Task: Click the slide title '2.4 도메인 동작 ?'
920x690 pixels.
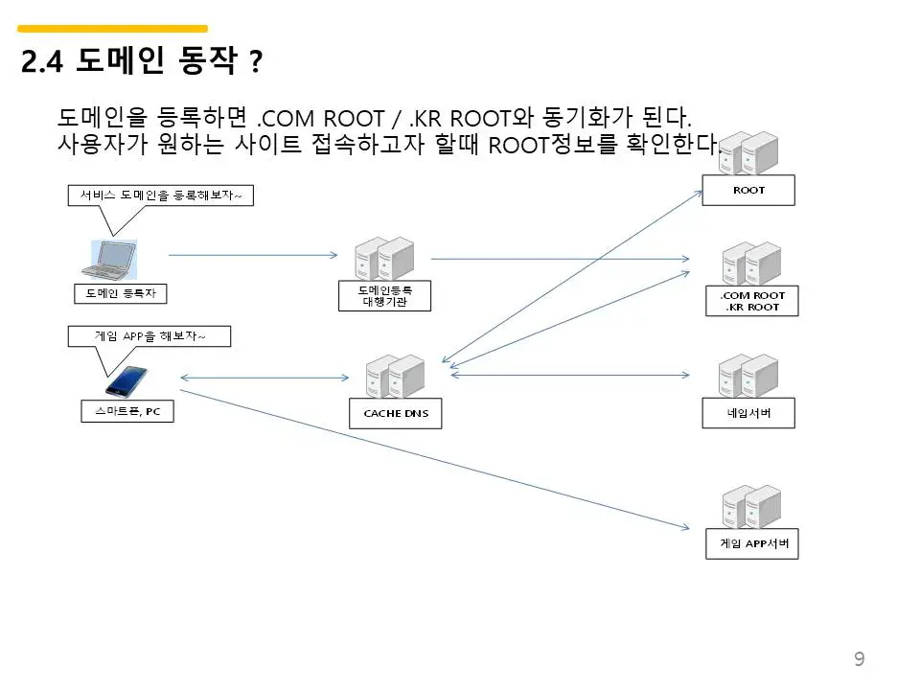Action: click(x=141, y=62)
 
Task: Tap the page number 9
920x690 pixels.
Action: click(x=859, y=658)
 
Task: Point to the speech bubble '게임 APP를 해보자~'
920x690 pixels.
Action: click(x=149, y=335)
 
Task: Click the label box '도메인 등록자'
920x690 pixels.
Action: click(x=120, y=293)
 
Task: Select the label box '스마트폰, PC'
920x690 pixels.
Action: click(x=127, y=412)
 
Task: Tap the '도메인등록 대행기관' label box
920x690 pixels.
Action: click(x=385, y=295)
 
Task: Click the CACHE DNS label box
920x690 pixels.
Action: click(x=396, y=414)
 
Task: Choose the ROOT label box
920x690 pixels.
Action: click(x=748, y=190)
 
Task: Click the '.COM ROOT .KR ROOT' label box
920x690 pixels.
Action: click(x=752, y=301)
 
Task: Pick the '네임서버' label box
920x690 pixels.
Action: click(x=749, y=413)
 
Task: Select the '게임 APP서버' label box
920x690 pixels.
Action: click(x=753, y=543)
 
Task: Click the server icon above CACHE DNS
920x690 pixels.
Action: click(x=395, y=376)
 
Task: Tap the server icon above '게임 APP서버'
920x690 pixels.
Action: click(x=750, y=507)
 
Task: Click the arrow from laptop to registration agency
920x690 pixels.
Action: click(x=253, y=255)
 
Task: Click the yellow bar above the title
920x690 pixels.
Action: click(x=113, y=29)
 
